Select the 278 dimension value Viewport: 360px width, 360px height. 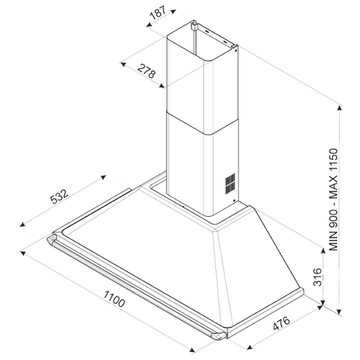click(146, 71)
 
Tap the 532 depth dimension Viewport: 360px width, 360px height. click(59, 196)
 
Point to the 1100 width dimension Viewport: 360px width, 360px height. click(114, 299)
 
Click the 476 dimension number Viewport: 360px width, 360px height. click(282, 323)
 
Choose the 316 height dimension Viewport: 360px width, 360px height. click(318, 276)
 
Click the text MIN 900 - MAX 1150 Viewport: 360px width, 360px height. click(333, 199)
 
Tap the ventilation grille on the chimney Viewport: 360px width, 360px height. click(230, 184)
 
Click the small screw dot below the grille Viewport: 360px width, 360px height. click(234, 201)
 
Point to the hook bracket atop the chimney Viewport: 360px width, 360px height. click(193, 25)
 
